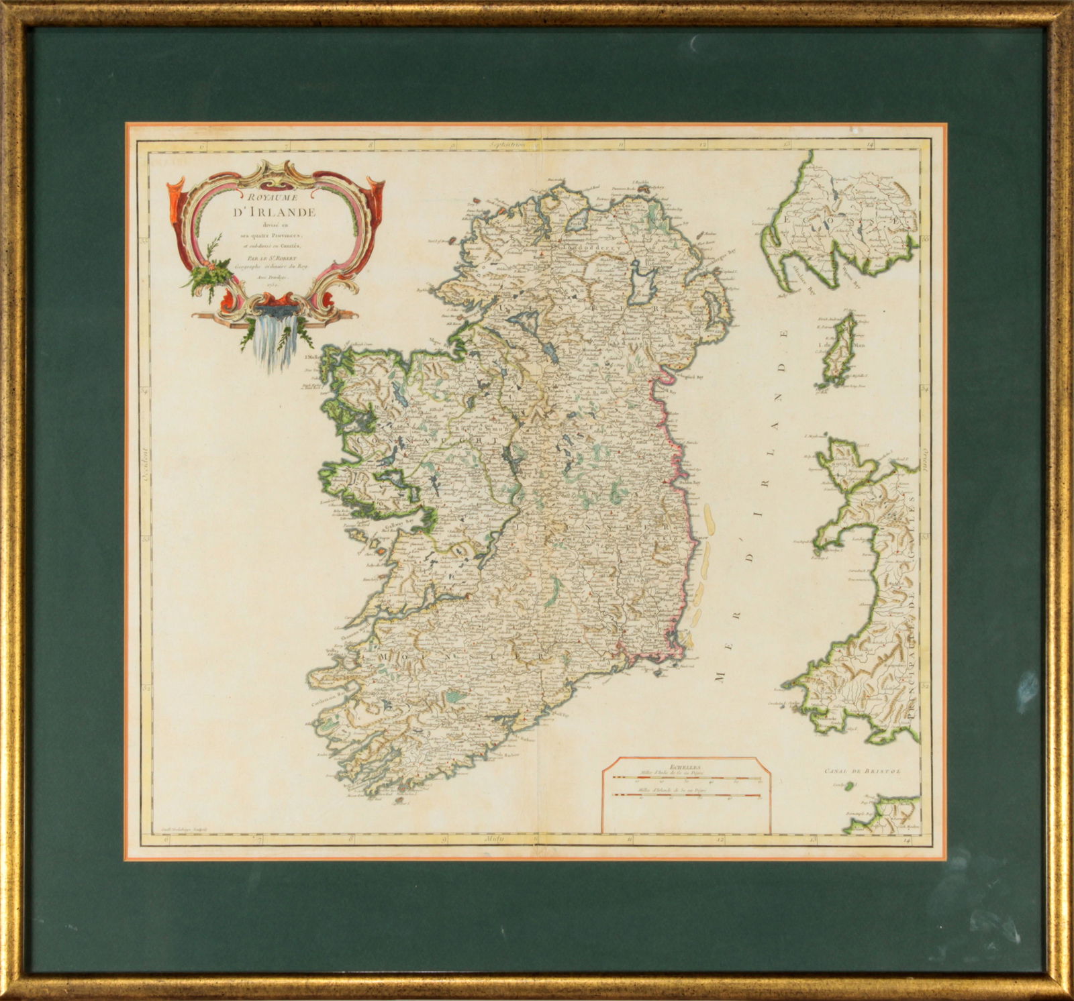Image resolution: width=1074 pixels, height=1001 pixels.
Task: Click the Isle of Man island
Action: click(840, 353)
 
